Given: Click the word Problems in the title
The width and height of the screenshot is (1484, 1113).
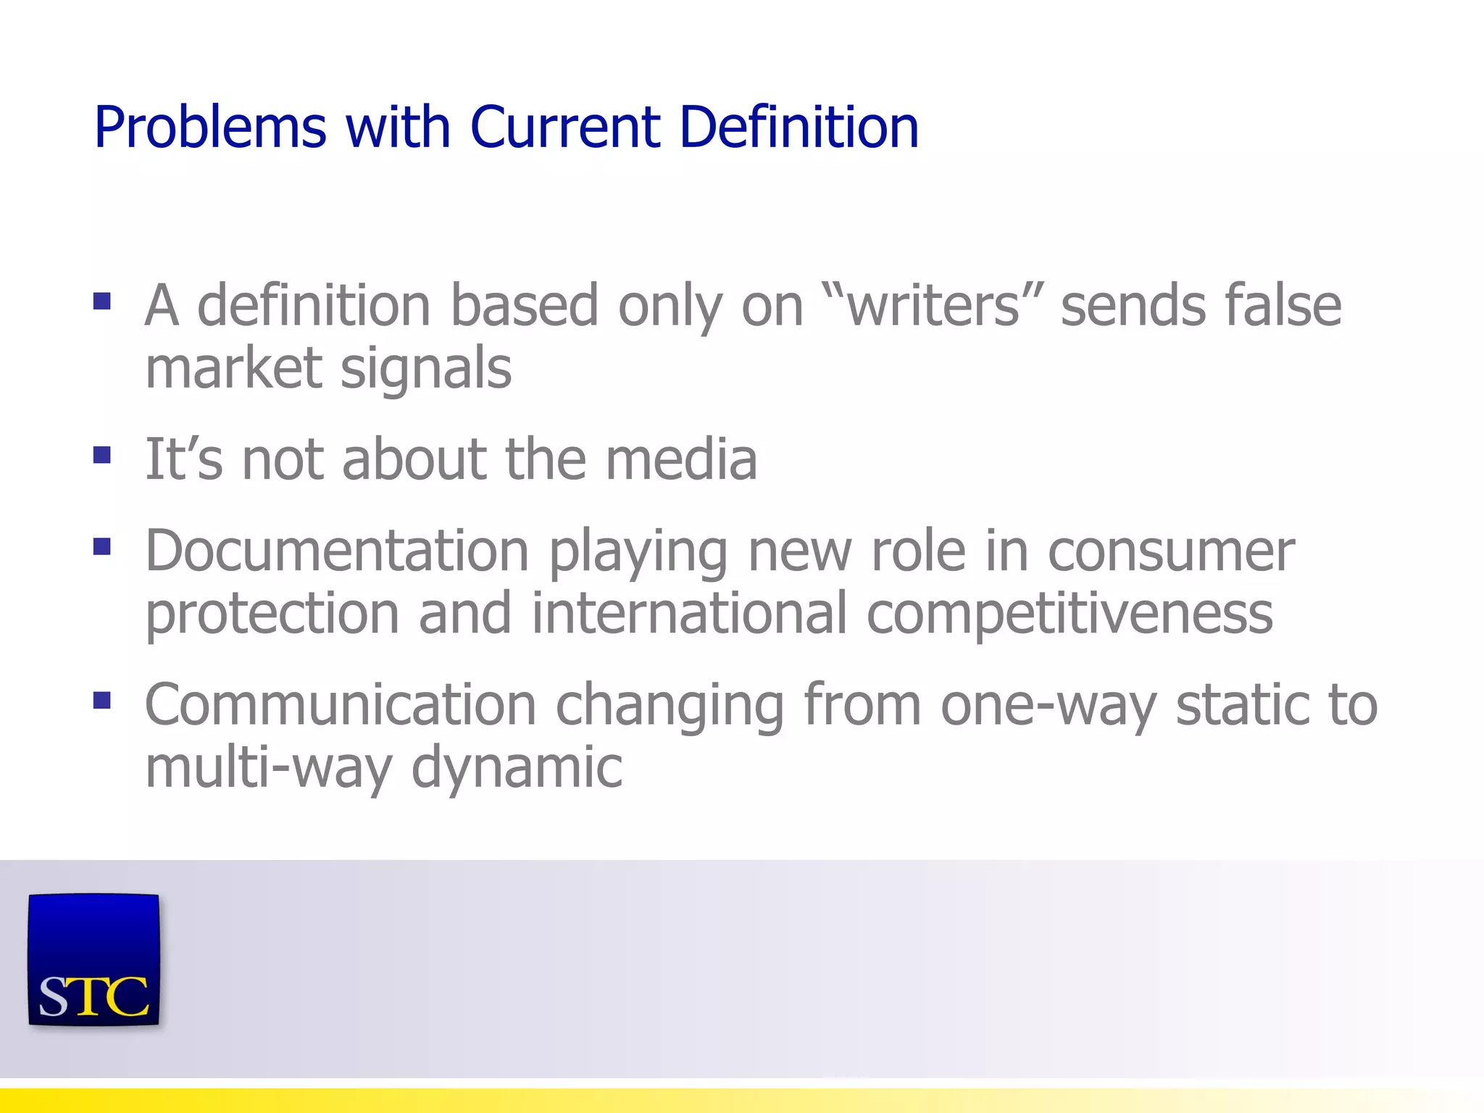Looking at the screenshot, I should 210,128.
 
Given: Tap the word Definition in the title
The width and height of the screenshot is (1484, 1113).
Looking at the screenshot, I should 799,128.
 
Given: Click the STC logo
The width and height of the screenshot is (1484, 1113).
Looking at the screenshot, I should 93,960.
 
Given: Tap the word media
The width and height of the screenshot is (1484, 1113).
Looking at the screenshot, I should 681,459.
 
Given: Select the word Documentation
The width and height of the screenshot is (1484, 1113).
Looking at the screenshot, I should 337,551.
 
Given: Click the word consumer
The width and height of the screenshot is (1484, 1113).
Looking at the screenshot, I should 1171,551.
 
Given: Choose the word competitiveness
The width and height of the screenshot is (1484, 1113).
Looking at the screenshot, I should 1070,614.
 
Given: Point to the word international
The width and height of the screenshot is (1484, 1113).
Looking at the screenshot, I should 689,614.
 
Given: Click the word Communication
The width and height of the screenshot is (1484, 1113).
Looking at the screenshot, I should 341,704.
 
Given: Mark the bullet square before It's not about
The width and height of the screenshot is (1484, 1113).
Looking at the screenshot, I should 102,455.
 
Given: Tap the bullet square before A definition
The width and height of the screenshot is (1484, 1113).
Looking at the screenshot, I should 102,301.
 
